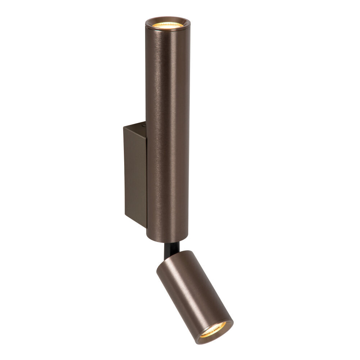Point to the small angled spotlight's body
(191, 288)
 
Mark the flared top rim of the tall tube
(167, 19)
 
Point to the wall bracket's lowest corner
(146, 228)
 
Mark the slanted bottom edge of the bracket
(135, 221)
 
